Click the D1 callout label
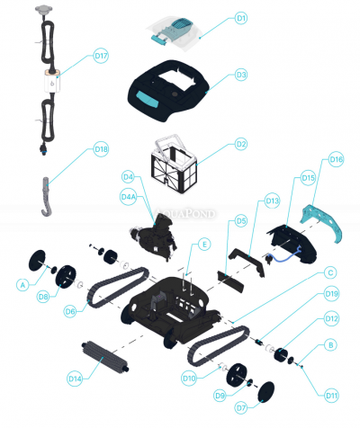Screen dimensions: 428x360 240,17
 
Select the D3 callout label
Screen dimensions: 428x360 240,76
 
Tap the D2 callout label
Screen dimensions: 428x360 240,144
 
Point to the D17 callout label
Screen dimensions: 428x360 101,56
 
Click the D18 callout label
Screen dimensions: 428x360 101,149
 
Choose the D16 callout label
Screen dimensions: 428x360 336,159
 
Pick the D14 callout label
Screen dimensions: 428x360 75,379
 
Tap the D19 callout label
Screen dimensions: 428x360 331,294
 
